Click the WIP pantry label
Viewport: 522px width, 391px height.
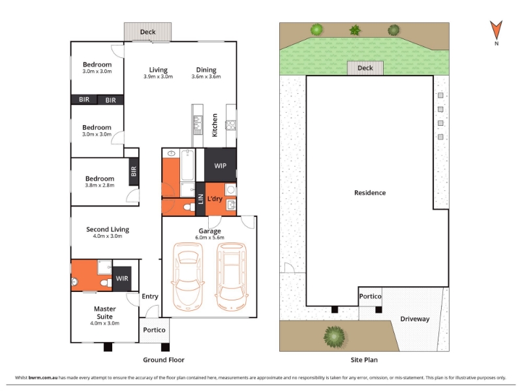(220, 166)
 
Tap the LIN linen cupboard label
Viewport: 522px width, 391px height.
(200, 199)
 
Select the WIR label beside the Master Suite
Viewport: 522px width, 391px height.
(122, 278)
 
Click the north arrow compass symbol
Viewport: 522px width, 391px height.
(496, 30)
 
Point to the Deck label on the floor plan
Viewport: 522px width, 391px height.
(147, 32)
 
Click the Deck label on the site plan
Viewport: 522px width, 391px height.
(365, 68)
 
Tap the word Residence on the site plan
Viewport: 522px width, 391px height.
(370, 192)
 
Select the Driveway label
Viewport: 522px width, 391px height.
(415, 319)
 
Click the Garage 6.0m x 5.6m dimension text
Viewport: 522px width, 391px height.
(209, 237)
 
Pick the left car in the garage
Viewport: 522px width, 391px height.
(188, 276)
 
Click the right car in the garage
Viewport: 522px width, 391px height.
(232, 276)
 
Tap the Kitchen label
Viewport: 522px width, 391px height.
(215, 125)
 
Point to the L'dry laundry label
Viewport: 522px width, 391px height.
(215, 199)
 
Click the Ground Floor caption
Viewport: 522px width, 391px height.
(164, 360)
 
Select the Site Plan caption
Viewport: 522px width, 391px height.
(364, 360)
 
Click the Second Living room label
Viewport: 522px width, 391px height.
(108, 229)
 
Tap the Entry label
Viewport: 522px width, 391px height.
(150, 297)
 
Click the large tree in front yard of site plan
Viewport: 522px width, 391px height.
(334, 337)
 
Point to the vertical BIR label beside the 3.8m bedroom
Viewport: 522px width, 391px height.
(134, 171)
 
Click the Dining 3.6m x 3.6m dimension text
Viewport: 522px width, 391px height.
(206, 76)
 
